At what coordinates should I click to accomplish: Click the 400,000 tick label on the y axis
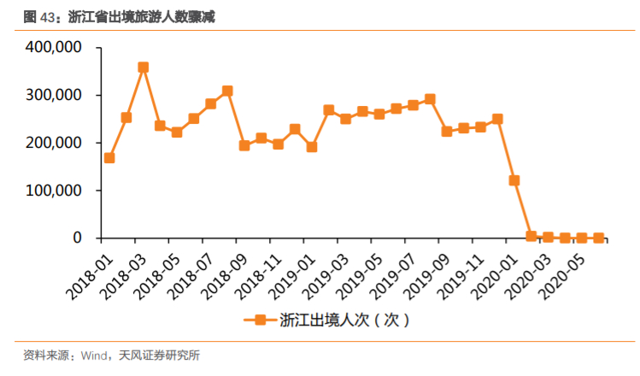point(55,49)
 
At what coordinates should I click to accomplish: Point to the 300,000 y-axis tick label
point(55,96)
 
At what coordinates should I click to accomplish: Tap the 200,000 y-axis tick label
point(55,144)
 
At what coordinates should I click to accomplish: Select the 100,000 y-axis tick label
point(55,191)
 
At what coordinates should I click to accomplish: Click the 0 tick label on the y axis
point(75,238)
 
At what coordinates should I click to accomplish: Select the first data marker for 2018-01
point(109,158)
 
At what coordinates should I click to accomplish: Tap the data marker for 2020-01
point(514,180)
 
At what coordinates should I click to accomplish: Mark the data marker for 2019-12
point(497,119)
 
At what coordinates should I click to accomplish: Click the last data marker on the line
point(598,238)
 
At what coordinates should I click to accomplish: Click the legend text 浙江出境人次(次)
point(338,320)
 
